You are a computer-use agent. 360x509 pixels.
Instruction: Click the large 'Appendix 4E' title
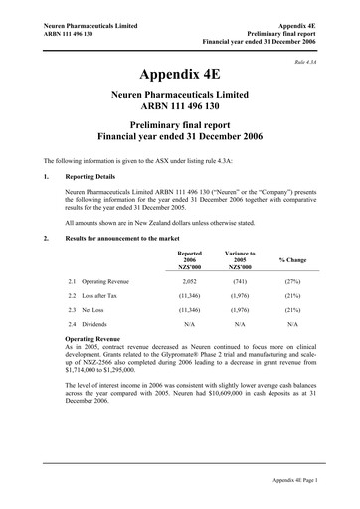179,75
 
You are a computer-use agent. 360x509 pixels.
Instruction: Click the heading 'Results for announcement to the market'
130,238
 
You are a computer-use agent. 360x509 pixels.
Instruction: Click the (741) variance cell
240,282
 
